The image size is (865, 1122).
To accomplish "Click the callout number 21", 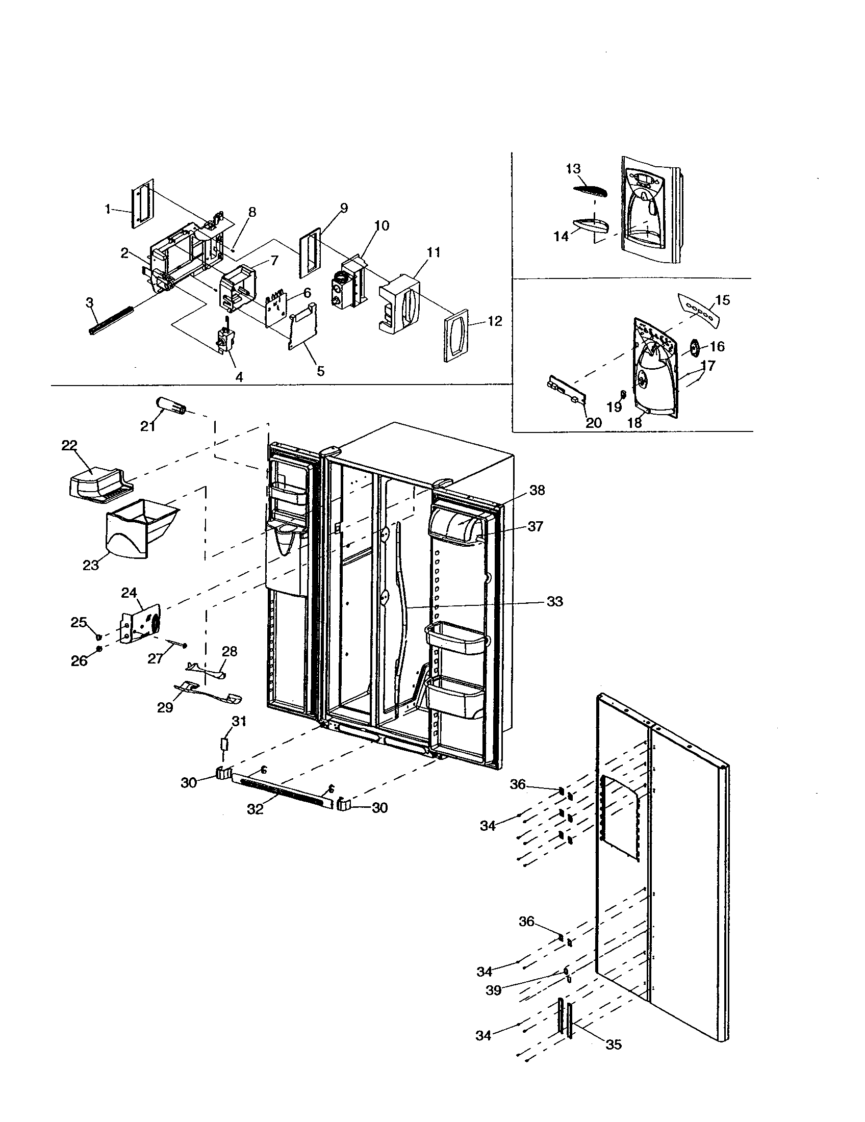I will pyautogui.click(x=148, y=426).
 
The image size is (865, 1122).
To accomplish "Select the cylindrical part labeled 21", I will pyautogui.click(x=172, y=403).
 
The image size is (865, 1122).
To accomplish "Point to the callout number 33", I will pyautogui.click(x=554, y=601).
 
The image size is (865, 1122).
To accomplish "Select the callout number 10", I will pyautogui.click(x=381, y=225).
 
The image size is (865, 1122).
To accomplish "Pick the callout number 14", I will pyautogui.click(x=561, y=236).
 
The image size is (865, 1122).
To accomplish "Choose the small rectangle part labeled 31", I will pyautogui.click(x=224, y=745).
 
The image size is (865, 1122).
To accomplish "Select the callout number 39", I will pyautogui.click(x=493, y=990).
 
